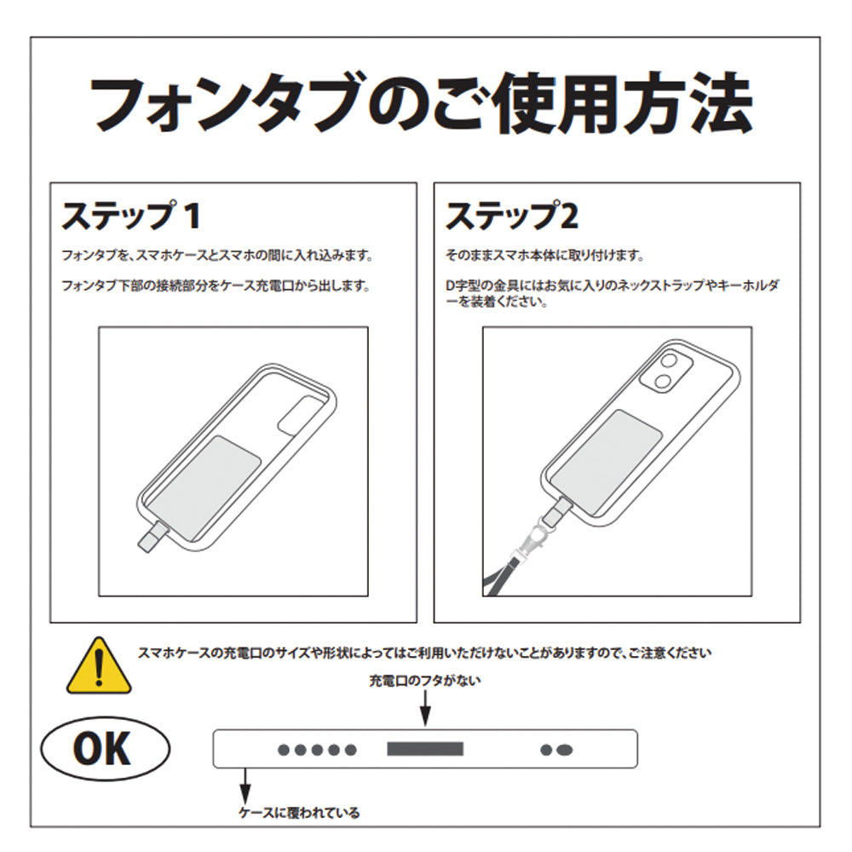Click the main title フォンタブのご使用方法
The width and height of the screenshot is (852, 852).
[421, 103]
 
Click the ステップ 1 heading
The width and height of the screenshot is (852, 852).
[131, 216]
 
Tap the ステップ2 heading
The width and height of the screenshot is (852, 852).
[512, 216]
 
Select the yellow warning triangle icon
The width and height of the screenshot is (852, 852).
[99, 666]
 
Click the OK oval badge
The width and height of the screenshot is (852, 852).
[106, 749]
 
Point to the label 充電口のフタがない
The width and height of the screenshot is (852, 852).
[425, 681]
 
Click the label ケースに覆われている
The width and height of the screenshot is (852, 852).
[299, 813]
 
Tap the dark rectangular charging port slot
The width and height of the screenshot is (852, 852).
[425, 749]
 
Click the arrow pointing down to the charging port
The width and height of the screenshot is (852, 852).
[426, 709]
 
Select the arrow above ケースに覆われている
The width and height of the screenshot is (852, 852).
[245, 786]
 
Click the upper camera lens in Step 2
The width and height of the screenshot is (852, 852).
[669, 362]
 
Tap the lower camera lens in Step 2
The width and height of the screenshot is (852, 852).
[662, 382]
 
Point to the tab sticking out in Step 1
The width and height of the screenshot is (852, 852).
[151, 535]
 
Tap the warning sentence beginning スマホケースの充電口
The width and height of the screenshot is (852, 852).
[424, 653]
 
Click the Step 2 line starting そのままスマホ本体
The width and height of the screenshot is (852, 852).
[544, 255]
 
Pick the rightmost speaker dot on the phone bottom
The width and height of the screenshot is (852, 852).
[565, 751]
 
